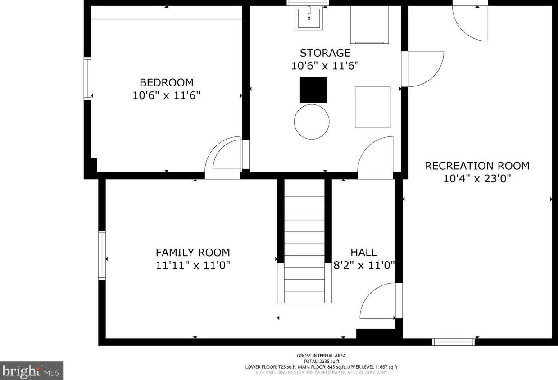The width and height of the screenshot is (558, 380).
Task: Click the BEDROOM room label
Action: point(166,82)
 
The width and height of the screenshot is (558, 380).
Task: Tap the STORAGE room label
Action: point(325,53)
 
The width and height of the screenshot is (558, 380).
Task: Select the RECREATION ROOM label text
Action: point(477,166)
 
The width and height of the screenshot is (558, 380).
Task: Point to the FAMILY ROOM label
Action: point(193,253)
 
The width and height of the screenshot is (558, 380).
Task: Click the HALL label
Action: point(363,253)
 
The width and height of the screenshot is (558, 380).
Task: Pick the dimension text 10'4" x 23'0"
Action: point(477,179)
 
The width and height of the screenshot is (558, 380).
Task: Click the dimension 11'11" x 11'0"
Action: point(193,266)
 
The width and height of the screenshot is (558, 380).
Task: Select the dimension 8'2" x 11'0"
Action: point(364,266)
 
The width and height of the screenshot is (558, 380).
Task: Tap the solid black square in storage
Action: point(313,90)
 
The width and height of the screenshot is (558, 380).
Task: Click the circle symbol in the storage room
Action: point(312,122)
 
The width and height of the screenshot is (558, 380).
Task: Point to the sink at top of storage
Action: point(309,18)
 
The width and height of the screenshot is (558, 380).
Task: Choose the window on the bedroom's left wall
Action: point(87,78)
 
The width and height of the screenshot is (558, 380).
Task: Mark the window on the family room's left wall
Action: point(102,255)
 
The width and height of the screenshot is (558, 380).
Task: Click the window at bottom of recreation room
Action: point(453,342)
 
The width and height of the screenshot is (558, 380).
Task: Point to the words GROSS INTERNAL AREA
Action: point(321,356)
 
